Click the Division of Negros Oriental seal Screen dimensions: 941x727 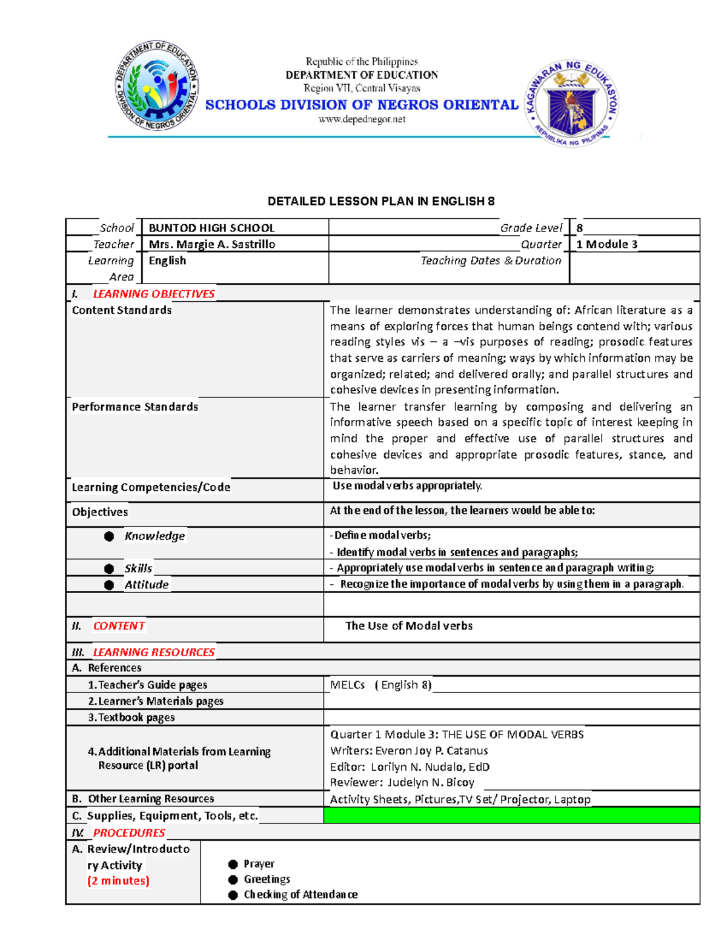(156, 87)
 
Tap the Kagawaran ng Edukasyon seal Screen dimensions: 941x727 (572, 103)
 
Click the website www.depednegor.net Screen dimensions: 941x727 (362, 119)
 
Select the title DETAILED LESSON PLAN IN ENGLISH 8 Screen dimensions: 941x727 (381, 201)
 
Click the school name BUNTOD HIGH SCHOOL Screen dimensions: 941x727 (211, 228)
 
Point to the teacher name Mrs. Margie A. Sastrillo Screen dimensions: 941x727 (212, 244)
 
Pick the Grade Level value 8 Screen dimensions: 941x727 (580, 228)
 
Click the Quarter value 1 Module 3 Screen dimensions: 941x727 (606, 244)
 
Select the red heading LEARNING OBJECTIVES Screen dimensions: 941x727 (153, 294)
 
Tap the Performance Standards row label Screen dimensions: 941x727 (135, 407)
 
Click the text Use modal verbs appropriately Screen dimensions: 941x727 (407, 486)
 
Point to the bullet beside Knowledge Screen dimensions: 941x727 (109, 536)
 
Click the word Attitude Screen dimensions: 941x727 (147, 585)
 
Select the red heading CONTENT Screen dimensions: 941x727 (119, 626)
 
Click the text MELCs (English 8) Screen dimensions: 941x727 (380, 685)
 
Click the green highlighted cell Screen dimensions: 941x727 (511, 815)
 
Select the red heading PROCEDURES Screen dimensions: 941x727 (128, 833)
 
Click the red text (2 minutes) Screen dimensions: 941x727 (118, 880)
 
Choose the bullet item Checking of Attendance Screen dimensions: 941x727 (300, 894)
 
